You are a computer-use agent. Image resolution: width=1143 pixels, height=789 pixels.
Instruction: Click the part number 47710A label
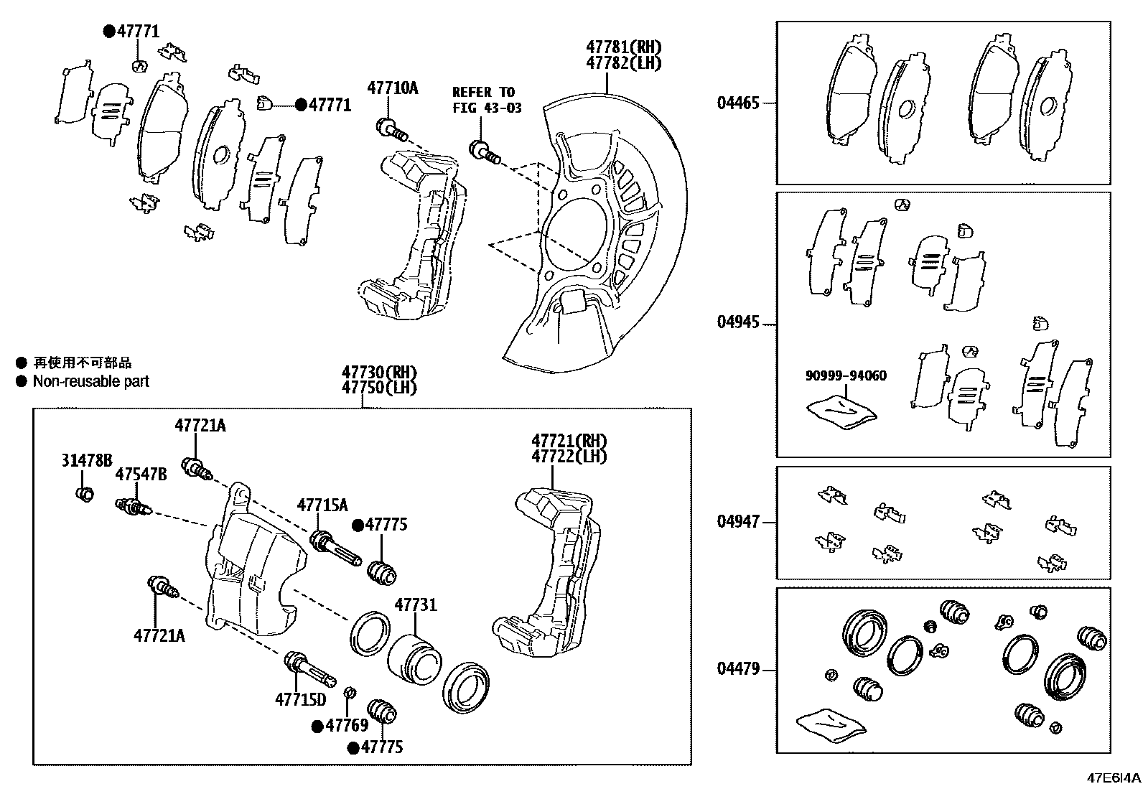(392, 88)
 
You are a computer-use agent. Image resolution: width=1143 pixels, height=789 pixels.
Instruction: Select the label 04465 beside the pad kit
(737, 103)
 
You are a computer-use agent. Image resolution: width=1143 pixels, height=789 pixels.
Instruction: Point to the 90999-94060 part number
(845, 375)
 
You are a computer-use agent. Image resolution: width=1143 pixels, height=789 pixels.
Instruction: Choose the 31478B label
(86, 461)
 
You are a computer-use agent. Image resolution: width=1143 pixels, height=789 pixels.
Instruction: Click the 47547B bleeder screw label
(141, 474)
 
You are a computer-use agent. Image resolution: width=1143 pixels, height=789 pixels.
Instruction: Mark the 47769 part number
(347, 725)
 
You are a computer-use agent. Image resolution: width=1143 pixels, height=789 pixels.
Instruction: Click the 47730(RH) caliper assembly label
(379, 373)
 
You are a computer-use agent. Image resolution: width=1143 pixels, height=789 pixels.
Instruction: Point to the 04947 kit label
(737, 521)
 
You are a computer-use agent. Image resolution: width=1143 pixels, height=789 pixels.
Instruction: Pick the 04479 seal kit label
(737, 669)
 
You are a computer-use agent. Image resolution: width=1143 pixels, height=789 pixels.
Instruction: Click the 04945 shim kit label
(737, 322)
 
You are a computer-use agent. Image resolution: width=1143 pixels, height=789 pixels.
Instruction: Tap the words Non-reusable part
(90, 381)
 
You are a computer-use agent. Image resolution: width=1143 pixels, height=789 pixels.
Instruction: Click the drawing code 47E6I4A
(1112, 778)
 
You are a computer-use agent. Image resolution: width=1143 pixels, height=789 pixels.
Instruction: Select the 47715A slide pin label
(322, 505)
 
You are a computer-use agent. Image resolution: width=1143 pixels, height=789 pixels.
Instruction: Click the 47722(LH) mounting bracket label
(569, 456)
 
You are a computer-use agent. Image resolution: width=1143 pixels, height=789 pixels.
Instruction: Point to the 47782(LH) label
(623, 62)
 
